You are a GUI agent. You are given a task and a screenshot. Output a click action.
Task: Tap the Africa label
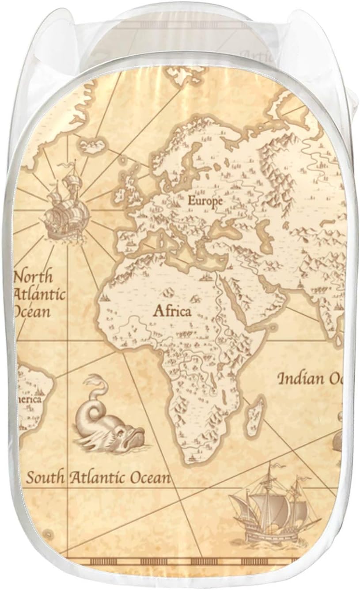pos(172,311)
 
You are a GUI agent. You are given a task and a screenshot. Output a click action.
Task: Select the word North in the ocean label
pos(34,277)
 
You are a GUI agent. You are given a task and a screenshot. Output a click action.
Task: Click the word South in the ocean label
pos(46,477)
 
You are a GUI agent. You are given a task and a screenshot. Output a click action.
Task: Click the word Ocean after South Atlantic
pos(150,477)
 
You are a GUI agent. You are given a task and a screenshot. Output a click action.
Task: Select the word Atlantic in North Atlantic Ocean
pos(40,294)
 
